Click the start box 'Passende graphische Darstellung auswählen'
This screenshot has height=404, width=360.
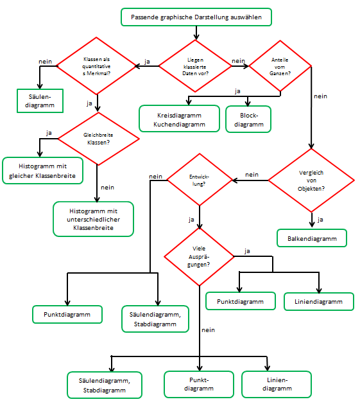pos(196,17)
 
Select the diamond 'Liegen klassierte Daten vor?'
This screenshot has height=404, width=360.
pos(195,66)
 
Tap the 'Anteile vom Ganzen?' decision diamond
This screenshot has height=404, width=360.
pos(280,66)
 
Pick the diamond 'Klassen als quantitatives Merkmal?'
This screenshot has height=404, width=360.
pos(98,66)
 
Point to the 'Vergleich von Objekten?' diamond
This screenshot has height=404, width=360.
pos(312,180)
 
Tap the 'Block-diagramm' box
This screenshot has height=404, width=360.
pos(248,118)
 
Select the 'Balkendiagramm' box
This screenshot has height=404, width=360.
pos(312,238)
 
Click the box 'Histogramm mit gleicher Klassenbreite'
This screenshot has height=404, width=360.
pos(42,170)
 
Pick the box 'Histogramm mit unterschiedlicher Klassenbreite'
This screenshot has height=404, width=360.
pos(93,220)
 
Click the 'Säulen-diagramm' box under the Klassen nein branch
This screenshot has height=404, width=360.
pos(41,100)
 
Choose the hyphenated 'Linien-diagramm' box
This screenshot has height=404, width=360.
pos(276,384)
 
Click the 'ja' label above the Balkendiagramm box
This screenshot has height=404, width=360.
pos(320,220)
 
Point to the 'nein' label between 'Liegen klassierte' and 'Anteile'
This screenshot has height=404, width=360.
pos(238,60)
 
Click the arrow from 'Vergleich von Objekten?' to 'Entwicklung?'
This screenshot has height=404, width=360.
pos(250,180)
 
